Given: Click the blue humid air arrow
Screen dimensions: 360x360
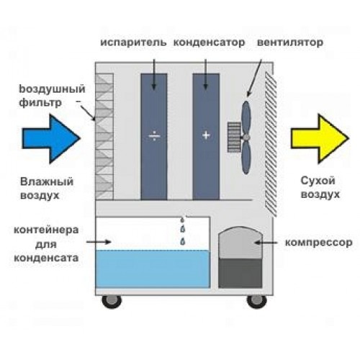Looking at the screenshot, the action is (x=51, y=139).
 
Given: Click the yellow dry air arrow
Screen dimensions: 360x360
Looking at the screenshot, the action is (x=320, y=139).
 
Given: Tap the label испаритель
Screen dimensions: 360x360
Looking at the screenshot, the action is (x=133, y=42).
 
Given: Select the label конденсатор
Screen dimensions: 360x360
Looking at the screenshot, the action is (x=209, y=42).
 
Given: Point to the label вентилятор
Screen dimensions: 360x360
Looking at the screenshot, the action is (x=290, y=42).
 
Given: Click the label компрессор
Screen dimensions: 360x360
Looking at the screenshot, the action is (x=319, y=243).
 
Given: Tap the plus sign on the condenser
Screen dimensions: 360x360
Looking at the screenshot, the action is (x=206, y=135).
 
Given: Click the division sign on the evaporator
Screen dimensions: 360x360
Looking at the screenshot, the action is (x=154, y=137).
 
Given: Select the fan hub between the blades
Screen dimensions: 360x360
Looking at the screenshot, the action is (x=246, y=137).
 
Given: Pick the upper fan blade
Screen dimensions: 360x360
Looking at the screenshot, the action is (x=246, y=117).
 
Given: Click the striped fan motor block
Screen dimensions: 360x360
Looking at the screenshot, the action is (x=234, y=137).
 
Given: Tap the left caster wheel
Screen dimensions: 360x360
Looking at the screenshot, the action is (x=112, y=302).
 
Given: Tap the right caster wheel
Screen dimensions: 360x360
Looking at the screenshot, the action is (x=257, y=302).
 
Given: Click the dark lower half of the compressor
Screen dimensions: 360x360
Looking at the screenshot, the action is (x=240, y=273).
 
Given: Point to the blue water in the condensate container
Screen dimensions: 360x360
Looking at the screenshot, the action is (x=153, y=269).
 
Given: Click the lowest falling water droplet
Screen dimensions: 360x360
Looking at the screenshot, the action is (x=183, y=241).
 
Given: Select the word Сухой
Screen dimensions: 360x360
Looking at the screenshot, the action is (x=318, y=181).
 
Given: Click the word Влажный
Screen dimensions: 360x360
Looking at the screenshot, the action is (x=47, y=181).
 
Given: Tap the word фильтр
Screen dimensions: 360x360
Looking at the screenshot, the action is (x=40, y=103).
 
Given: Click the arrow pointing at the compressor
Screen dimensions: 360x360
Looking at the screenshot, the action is (x=266, y=243).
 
